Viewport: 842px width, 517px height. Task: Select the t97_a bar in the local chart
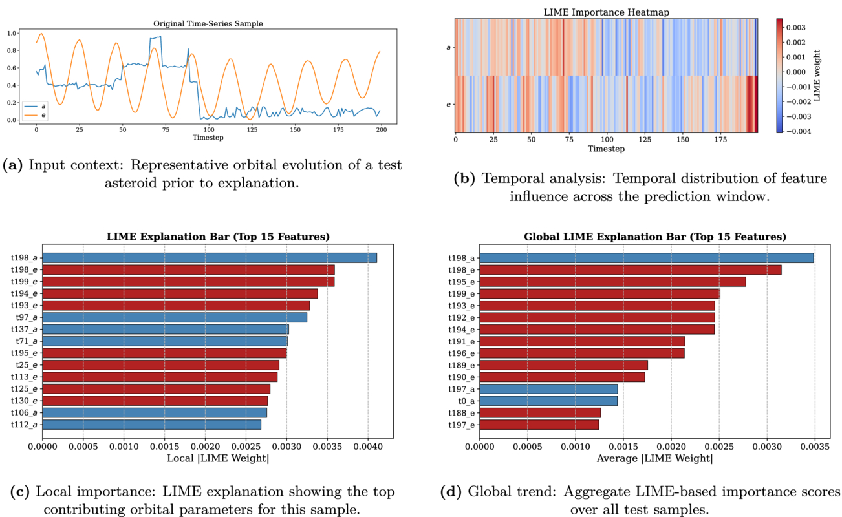point(175,317)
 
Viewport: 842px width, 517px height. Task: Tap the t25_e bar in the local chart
point(161,365)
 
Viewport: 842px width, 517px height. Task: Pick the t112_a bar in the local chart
point(152,425)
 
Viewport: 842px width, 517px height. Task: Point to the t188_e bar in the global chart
point(540,412)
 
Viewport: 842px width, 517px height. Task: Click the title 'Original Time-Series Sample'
point(208,24)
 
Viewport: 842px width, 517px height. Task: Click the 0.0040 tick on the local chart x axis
point(368,445)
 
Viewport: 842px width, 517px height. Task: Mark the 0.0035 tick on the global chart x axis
point(814,445)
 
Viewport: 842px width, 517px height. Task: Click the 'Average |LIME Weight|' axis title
point(654,458)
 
